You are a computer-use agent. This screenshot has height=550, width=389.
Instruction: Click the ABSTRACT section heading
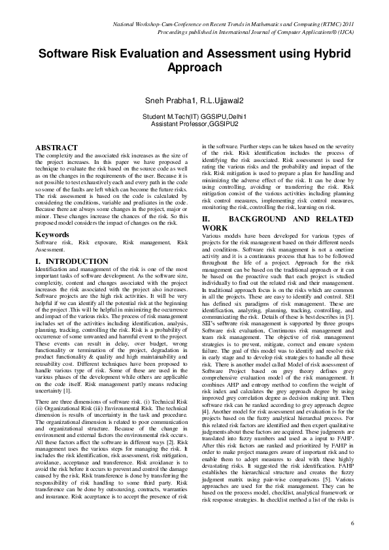coord(56,148)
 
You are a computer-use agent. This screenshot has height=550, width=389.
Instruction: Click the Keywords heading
coord(52,233)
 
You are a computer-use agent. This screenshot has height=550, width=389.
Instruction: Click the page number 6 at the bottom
coord(352,523)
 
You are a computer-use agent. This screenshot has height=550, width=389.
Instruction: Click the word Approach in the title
coord(195,68)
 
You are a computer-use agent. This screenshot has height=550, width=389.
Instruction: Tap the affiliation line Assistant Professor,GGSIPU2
coord(194,122)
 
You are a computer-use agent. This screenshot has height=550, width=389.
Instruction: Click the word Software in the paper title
coord(65,55)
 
